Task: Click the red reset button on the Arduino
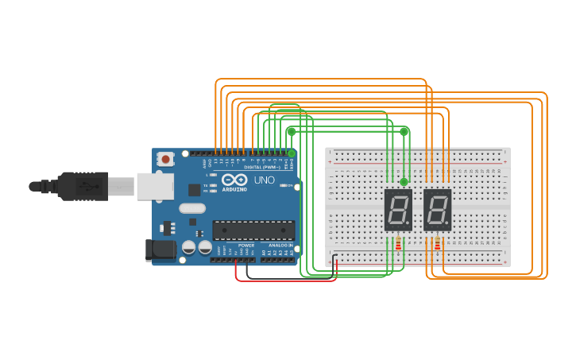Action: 165,159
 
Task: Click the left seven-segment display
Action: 398,210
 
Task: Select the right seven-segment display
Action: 437,210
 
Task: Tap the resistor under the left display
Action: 398,244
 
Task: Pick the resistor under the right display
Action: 437,244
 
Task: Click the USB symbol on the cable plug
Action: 83,187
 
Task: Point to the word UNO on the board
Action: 265,180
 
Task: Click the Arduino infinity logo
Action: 236,180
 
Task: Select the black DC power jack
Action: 160,250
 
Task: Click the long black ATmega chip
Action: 253,230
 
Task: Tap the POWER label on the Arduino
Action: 246,246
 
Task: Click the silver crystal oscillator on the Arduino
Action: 192,208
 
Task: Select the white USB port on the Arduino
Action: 154,187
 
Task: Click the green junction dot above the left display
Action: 404,183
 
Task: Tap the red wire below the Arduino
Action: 286,281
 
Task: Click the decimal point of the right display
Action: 449,227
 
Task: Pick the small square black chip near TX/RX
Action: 194,190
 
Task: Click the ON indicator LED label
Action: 290,186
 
